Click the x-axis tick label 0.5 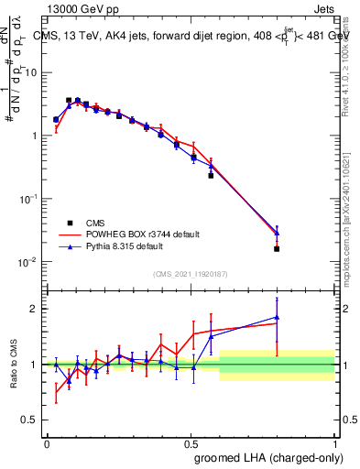191,443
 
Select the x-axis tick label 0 47,443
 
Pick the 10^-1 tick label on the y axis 28,199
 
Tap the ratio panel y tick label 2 35,309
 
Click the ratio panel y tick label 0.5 30,420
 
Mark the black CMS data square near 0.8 277,248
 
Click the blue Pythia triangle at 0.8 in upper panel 277,233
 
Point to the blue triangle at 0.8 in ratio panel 277,317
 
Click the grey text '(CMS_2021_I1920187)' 190,274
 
